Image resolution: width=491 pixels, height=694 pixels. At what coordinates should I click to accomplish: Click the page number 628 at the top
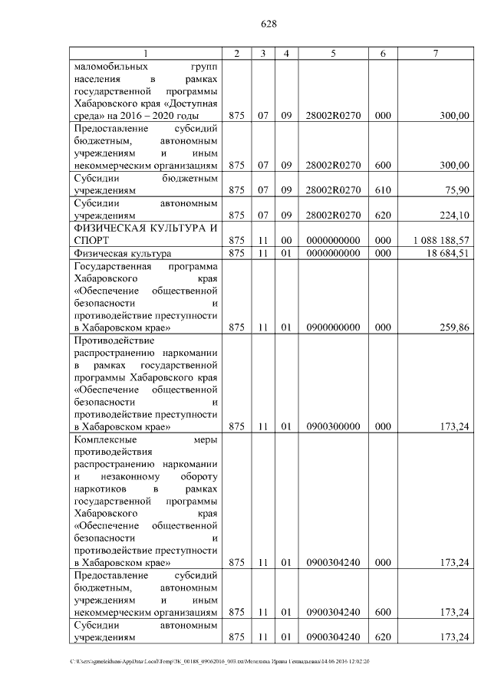[269, 24]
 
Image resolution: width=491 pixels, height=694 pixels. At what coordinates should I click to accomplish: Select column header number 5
[334, 53]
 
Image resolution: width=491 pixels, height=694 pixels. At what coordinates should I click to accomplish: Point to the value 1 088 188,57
[440, 240]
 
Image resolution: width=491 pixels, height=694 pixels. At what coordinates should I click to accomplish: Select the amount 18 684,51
[447, 253]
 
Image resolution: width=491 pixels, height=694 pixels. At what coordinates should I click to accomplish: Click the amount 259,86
[453, 327]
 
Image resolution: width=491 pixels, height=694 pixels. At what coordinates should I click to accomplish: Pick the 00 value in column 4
[285, 240]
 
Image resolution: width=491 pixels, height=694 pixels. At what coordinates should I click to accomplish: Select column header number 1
[146, 53]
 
